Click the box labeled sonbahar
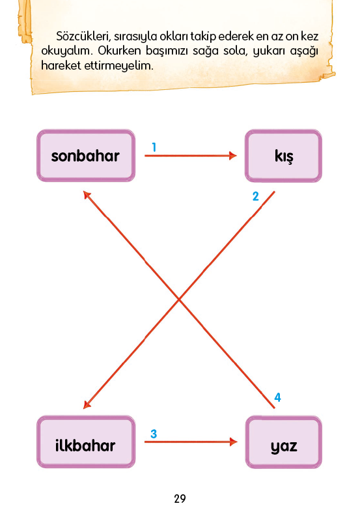pos(86,156)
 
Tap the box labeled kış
pos(283,156)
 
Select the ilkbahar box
pos(86,442)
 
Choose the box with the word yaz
pos(283,442)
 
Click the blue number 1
pos(154,147)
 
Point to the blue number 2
pos(255,196)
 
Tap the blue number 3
pos(154,434)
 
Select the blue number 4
pos(277,397)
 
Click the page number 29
pos(180,498)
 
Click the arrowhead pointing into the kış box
pos(233,156)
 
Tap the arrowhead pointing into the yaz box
pos(234,442)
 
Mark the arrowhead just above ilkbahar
pos(87,404)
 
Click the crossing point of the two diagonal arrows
pos(179,300)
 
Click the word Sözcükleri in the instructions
pos(83,36)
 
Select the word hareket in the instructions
pos(61,66)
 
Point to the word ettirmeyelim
pos(118,66)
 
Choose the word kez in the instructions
pos(309,36)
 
